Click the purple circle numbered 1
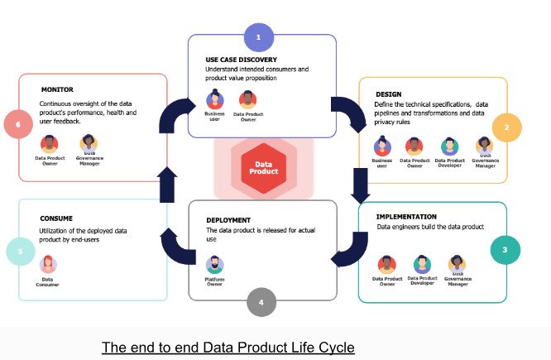(258, 37)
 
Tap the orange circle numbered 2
(506, 128)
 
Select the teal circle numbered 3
(505, 248)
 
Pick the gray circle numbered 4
(261, 303)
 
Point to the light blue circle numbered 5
(19, 252)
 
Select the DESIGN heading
(388, 94)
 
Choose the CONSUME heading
(56, 218)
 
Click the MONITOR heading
(56, 89)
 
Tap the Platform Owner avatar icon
(215, 265)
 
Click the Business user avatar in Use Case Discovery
(214, 99)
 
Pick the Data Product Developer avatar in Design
(449, 146)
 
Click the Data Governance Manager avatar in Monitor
(88, 142)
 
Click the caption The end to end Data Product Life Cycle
(228, 346)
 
